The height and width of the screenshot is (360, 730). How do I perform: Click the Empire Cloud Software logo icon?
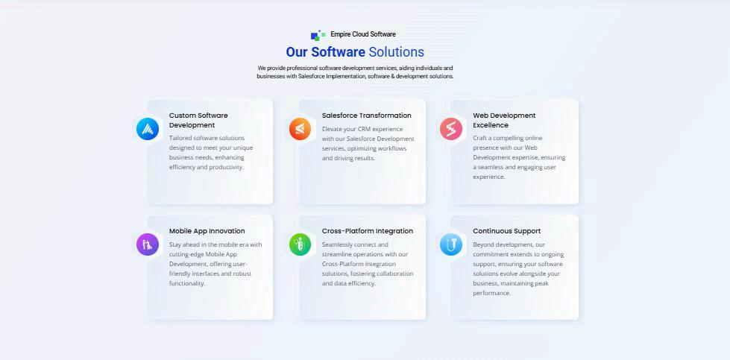pos(318,35)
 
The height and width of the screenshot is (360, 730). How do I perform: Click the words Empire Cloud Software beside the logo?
pos(363,34)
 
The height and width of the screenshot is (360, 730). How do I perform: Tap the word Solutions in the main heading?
pos(396,52)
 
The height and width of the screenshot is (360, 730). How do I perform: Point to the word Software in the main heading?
pos(338,52)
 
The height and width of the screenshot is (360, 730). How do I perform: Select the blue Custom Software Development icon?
pos(148,129)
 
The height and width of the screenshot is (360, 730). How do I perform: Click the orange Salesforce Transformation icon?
pos(301,129)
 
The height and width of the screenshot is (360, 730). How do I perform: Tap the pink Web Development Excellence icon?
pos(451,129)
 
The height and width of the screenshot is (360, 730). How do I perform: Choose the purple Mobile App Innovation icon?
pos(148,244)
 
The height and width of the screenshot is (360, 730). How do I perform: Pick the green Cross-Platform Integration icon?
pos(301,244)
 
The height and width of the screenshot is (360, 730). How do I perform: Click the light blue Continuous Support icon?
pos(451,244)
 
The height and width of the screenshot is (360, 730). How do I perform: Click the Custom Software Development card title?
pos(198,120)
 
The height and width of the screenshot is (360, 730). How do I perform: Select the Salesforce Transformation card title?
pos(366,116)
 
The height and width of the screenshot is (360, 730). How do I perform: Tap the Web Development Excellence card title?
pos(504,120)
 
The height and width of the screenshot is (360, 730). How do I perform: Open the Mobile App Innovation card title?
pos(207,231)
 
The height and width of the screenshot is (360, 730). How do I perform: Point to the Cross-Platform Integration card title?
pos(367,231)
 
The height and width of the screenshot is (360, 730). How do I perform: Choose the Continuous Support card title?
pos(506,231)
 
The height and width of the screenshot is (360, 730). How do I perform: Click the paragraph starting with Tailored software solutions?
pos(211,152)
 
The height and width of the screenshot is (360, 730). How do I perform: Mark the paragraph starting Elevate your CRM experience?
pos(368,143)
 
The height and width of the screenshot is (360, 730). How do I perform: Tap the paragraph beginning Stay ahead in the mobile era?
pos(215,264)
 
